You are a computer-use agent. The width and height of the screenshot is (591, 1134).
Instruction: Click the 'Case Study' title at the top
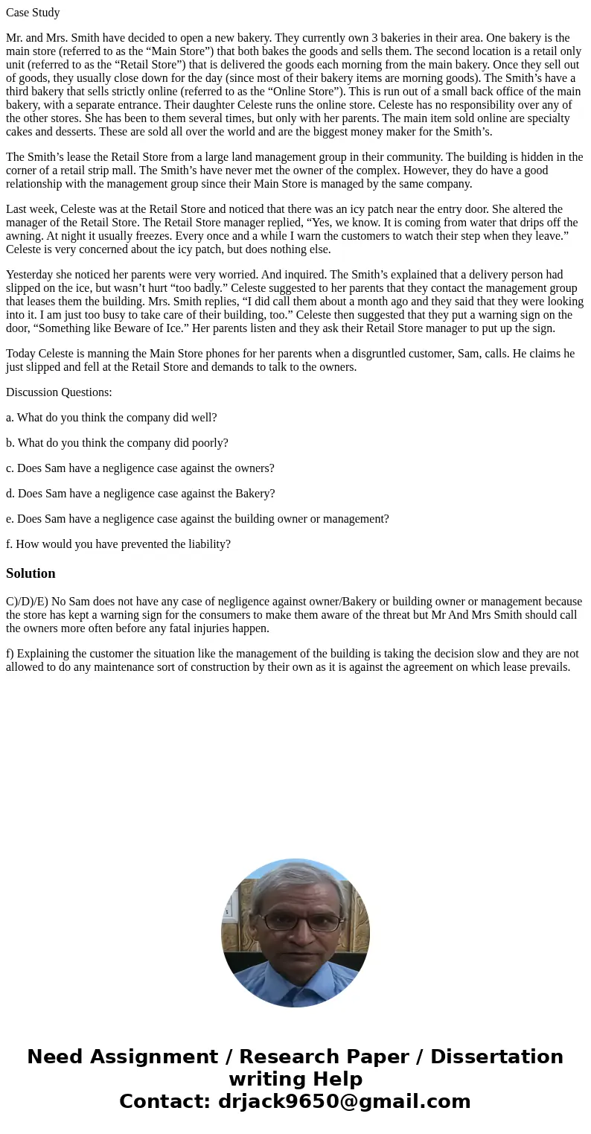pos(33,13)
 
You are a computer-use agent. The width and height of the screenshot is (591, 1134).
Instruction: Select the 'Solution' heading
pos(31,573)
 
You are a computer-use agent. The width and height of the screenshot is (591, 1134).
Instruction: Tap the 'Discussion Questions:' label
pos(59,392)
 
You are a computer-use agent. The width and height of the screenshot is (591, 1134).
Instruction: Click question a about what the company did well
pos(112,418)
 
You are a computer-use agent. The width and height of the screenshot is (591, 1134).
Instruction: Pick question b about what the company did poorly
pos(117,443)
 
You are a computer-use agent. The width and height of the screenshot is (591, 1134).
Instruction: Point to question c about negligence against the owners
pos(140,468)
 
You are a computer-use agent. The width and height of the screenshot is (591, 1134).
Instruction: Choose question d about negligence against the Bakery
pos(140,494)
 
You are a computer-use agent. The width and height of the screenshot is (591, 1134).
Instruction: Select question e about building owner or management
pos(197,519)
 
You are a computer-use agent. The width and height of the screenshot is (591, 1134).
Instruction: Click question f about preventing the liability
pos(118,544)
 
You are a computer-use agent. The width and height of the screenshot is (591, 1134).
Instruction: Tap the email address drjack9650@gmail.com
pos(344,1101)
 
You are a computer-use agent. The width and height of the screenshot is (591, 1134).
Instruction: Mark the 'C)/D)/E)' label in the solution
pos(27,602)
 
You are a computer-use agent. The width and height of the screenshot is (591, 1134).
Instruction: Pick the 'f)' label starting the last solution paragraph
pos(10,654)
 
